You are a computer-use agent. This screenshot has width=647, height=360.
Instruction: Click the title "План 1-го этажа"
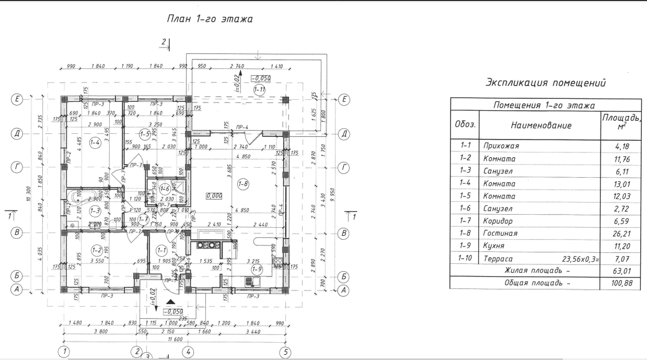click(209, 19)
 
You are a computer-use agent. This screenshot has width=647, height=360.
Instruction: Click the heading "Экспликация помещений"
click(546, 83)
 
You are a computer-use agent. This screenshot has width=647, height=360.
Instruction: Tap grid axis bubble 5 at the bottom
click(285, 352)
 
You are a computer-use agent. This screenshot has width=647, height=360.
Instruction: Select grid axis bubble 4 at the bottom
click(189, 352)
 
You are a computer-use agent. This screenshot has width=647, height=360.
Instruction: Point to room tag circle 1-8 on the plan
click(242, 183)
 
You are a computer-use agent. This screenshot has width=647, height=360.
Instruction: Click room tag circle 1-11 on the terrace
click(260, 89)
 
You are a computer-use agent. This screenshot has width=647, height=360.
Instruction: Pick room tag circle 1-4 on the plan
click(95, 143)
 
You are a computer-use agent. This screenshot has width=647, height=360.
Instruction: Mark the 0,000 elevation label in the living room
click(214, 195)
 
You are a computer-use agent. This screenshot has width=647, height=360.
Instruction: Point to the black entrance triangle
click(171, 302)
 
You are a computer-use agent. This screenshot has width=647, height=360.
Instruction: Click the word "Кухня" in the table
click(494, 247)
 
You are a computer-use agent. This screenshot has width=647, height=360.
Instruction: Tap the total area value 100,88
click(620, 283)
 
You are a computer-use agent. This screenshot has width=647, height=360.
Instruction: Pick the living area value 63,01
click(620, 271)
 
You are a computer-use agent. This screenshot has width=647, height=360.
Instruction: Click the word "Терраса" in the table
click(498, 259)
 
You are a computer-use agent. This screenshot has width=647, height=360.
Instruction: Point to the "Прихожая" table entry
click(501, 147)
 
